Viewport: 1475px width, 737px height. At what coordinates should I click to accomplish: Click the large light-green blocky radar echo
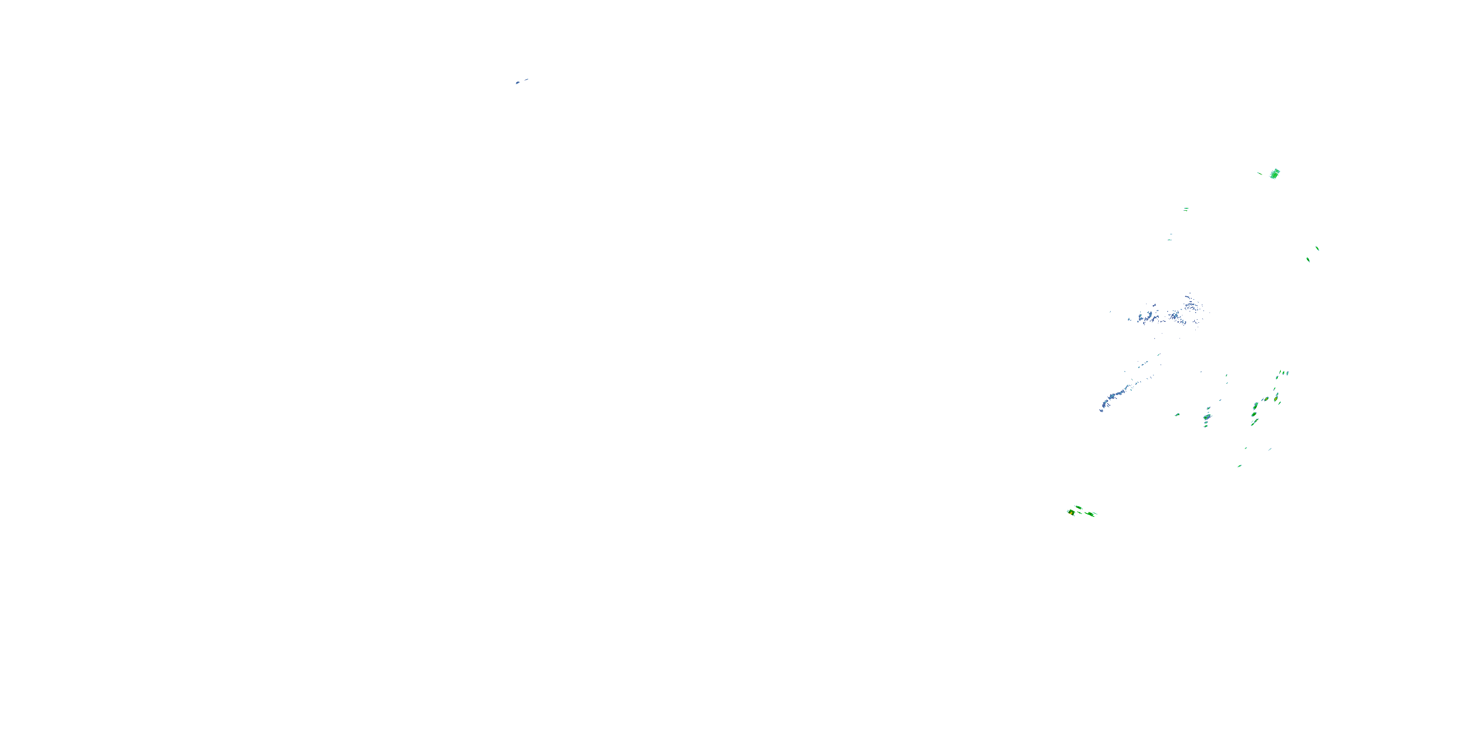pos(1274,174)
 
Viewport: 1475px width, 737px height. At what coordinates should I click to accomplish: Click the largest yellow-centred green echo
pos(1071,512)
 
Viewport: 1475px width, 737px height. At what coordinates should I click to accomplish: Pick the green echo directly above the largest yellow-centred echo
pos(1079,507)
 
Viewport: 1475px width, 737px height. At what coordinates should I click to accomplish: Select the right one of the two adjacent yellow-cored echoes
pos(1276,396)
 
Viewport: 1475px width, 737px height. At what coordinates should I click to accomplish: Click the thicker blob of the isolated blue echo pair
pos(518,83)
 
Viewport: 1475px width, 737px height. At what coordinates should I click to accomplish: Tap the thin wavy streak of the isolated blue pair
pos(526,80)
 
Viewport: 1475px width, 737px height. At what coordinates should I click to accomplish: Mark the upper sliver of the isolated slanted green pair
pos(1317,248)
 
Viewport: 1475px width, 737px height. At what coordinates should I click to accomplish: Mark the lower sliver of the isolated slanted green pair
pos(1308,260)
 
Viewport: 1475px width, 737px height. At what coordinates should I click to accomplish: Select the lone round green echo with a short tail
pos(1177,414)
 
